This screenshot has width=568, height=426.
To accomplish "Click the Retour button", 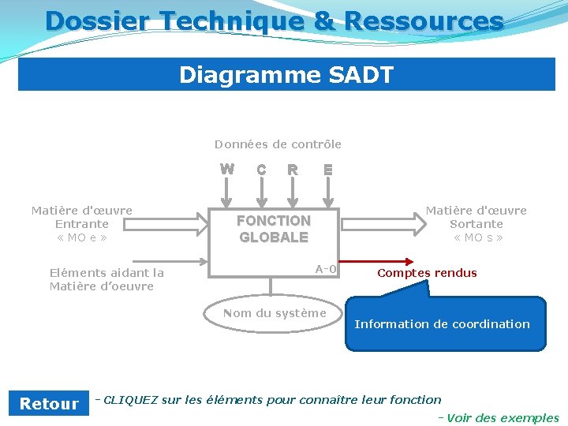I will pyautogui.click(x=49, y=404).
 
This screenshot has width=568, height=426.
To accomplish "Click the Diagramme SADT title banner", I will pyautogui.click(x=286, y=75).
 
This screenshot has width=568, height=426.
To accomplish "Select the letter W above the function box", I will pyautogui.click(x=226, y=169).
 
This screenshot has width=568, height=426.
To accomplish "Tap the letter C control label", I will pyautogui.click(x=261, y=170).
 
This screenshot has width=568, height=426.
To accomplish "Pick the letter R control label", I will pyautogui.click(x=293, y=170).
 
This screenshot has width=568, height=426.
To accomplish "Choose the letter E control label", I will pyautogui.click(x=328, y=170).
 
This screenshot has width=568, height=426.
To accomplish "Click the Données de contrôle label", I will pyautogui.click(x=278, y=144).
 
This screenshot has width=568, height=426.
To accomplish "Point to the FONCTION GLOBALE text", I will pyautogui.click(x=274, y=229).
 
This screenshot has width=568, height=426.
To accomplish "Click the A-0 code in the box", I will pyautogui.click(x=326, y=269).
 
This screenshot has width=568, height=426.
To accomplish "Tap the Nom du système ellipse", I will pyautogui.click(x=274, y=313).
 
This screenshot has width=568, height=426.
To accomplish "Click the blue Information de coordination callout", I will pyautogui.click(x=445, y=324).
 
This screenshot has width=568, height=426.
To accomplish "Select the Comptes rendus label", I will pyautogui.click(x=427, y=273).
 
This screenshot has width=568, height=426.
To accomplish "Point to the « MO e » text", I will pyautogui.click(x=81, y=237).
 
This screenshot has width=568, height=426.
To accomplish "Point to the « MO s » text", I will pyautogui.click(x=477, y=237).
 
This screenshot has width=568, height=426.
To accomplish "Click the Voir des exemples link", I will pyautogui.click(x=502, y=418).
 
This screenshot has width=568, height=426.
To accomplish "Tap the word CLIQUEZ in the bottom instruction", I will pyautogui.click(x=130, y=400).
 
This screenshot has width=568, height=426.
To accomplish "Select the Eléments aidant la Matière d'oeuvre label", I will pyautogui.click(x=106, y=279).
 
